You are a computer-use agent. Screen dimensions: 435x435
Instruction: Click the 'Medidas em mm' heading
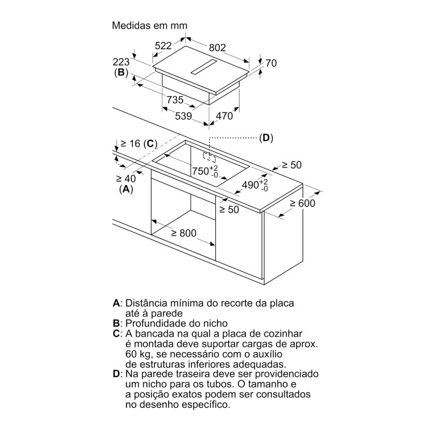(150, 26)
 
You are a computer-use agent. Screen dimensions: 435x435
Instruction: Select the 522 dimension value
(163, 45)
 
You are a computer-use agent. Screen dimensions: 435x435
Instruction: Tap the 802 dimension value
(217, 48)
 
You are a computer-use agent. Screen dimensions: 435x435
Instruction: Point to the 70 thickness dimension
(271, 63)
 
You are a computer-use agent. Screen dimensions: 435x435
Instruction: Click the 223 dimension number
(121, 61)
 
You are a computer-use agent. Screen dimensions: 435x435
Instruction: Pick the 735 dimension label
(175, 100)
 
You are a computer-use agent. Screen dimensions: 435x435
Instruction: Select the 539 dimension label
(183, 115)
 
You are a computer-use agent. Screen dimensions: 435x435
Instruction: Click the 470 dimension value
(224, 115)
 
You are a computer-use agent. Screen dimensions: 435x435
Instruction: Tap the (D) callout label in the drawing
(266, 138)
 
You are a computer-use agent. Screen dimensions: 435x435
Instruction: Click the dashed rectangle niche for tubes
(209, 157)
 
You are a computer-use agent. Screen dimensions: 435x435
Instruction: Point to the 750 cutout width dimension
(205, 171)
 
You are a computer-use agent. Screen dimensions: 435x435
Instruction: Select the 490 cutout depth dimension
(255, 185)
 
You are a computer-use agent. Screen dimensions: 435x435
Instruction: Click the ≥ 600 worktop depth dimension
(302, 204)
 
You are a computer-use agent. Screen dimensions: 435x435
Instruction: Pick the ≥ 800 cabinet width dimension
(184, 233)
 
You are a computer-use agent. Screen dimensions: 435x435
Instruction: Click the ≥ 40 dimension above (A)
(126, 179)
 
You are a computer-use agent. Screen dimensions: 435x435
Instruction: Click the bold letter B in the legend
(116, 324)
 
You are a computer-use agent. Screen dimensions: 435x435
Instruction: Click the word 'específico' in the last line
(206, 405)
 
